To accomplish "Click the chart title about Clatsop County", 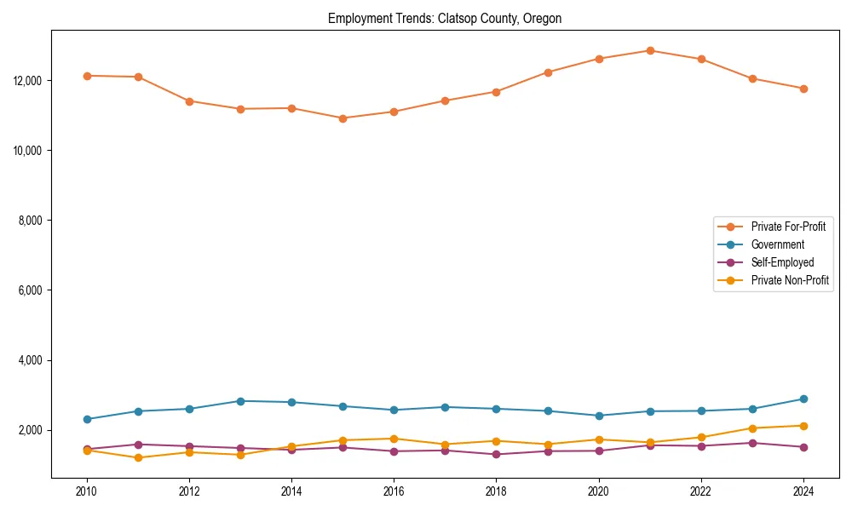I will [x=445, y=19].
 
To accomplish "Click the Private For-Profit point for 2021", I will [x=650, y=50].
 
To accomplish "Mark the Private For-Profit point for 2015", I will [x=343, y=118].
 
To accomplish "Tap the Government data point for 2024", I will [x=803, y=399].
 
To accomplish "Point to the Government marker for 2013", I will [x=240, y=401].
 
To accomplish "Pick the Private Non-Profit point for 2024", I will [x=803, y=426].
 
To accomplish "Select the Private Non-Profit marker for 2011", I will [x=138, y=458].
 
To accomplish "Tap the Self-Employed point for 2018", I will [x=496, y=454].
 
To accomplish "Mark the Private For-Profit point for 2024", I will [x=803, y=89].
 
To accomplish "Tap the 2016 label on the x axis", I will [x=394, y=491].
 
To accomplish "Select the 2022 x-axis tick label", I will [x=701, y=491].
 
